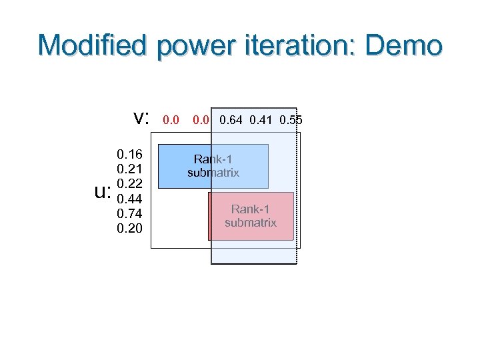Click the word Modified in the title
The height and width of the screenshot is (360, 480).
click(x=93, y=46)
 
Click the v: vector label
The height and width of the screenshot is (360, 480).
click(x=141, y=119)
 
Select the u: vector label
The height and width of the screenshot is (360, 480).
click(x=102, y=193)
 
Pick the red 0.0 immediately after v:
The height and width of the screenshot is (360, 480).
click(x=171, y=121)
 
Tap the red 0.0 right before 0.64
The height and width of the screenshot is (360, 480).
click(x=202, y=121)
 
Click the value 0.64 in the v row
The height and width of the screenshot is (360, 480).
click(x=231, y=121)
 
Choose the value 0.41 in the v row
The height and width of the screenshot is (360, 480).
click(x=261, y=121)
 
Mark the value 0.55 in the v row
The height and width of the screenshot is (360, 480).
click(x=291, y=121)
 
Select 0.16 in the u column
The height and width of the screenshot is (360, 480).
click(x=129, y=155)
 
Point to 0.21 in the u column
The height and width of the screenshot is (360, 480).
click(x=129, y=170)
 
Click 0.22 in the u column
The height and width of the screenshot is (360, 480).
click(x=129, y=184)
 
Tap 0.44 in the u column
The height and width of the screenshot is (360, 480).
click(x=129, y=199)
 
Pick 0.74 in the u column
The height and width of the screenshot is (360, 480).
click(x=129, y=213)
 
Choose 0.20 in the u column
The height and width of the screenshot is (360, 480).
click(x=129, y=228)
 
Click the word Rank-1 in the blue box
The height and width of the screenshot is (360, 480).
click(x=213, y=159)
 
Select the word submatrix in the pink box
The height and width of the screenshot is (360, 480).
click(x=251, y=223)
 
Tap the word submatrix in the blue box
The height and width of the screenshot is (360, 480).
click(x=213, y=173)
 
